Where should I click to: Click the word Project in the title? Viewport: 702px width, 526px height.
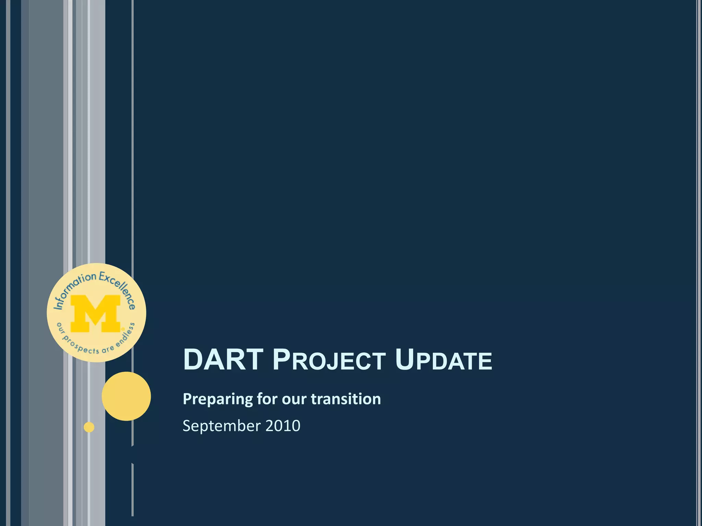(x=329, y=360)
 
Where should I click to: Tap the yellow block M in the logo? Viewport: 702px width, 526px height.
(x=96, y=314)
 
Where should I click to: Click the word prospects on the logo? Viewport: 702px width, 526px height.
(x=81, y=345)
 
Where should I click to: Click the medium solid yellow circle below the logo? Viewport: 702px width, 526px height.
(x=126, y=396)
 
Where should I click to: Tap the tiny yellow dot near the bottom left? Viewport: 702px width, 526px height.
(x=89, y=427)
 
